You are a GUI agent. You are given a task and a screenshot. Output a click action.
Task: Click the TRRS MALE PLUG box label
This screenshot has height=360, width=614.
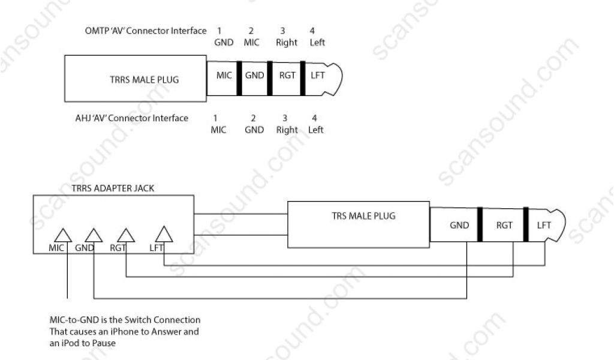click(x=142, y=79)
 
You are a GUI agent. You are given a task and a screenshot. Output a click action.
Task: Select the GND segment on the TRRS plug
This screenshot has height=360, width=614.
click(x=255, y=76)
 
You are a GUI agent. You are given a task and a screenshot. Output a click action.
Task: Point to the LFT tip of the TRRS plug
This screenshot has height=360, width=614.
click(x=318, y=76)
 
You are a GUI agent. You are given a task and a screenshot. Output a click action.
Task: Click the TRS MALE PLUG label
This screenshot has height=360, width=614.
click(x=363, y=216)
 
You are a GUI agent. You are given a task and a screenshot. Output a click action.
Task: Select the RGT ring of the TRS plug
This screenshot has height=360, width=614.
click(x=504, y=225)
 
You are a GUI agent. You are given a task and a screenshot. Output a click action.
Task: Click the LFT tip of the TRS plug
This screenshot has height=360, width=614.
click(x=544, y=225)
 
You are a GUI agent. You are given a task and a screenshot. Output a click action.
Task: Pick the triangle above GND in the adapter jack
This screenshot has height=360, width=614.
click(x=94, y=235)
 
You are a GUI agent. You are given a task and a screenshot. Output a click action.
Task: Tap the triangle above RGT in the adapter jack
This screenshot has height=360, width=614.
click(x=125, y=235)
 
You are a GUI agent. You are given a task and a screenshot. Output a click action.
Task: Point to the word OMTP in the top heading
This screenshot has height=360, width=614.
click(x=97, y=31)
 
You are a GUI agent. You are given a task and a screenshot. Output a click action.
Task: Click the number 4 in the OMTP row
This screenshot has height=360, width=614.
click(x=312, y=31)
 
